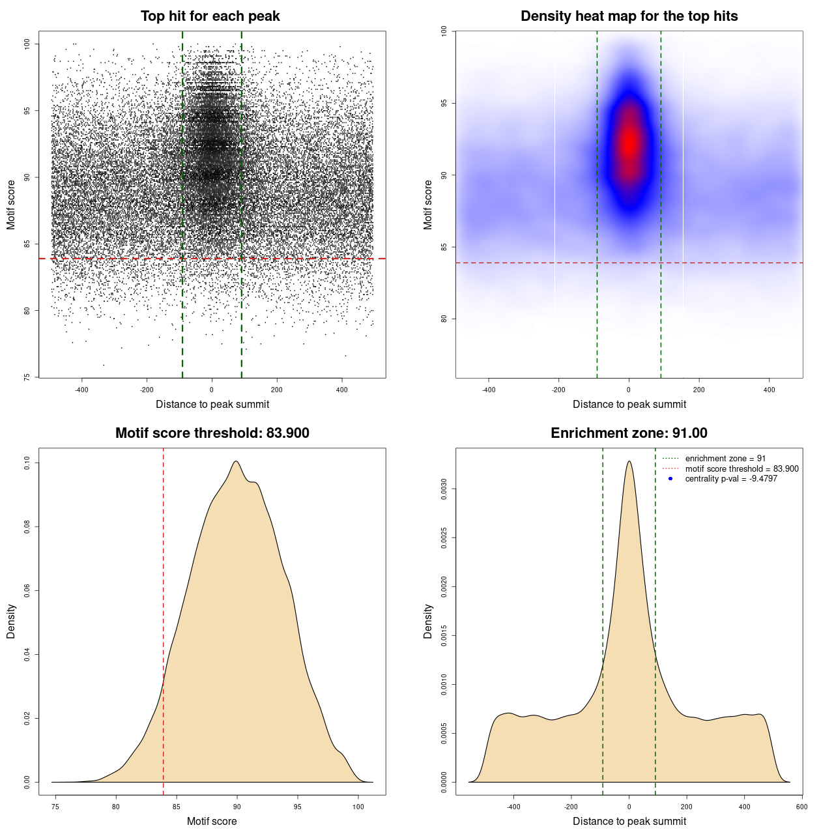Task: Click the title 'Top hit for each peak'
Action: click(210, 16)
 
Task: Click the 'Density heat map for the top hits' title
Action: click(629, 16)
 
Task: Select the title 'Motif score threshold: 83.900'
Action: click(212, 433)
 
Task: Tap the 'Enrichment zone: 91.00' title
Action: click(629, 433)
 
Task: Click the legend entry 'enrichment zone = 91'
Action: click(725, 459)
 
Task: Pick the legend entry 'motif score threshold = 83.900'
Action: click(741, 468)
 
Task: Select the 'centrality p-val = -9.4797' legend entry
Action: click(731, 479)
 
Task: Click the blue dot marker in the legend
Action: click(670, 479)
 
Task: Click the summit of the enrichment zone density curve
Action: click(629, 461)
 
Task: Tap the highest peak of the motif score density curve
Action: click(236, 462)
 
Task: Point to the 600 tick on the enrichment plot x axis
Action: click(801, 807)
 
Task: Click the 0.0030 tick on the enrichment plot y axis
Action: click(444, 489)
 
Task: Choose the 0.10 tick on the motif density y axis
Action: click(27, 463)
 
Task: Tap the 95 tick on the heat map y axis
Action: click(444, 103)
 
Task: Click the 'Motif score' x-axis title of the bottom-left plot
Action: click(212, 821)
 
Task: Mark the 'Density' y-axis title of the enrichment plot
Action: click(428, 621)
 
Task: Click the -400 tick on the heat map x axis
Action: click(489, 390)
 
